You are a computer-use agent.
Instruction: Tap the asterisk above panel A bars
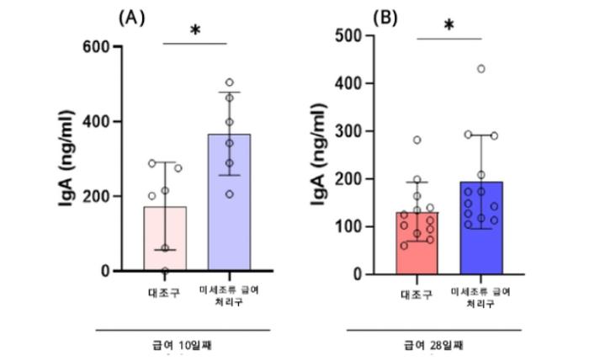click(195, 31)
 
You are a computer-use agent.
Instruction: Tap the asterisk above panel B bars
click(448, 26)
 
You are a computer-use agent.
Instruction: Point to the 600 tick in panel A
click(98, 46)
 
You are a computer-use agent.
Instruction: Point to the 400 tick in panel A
click(98, 121)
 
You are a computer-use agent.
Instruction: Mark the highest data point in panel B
click(481, 69)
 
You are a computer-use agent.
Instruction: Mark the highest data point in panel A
click(230, 82)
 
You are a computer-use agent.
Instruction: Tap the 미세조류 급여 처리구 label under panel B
click(481, 296)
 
